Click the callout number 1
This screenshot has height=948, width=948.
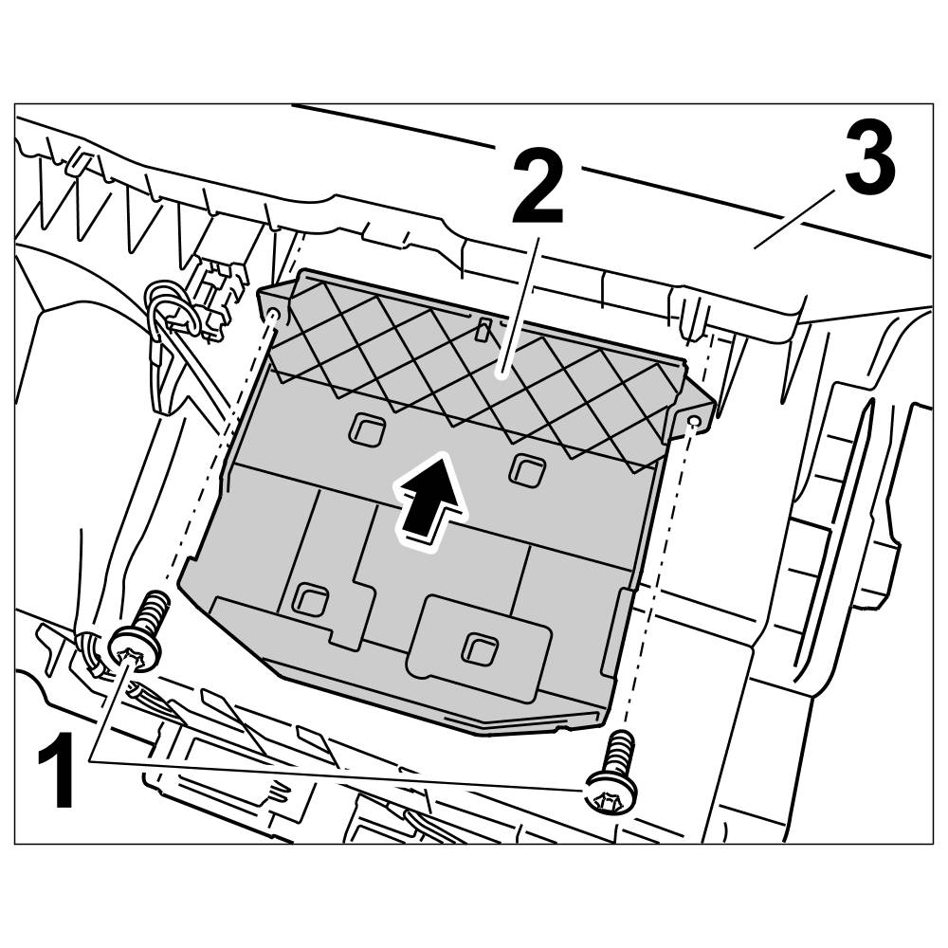pyautogui.click(x=60, y=775)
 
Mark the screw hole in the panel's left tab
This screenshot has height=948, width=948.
pyautogui.click(x=275, y=314)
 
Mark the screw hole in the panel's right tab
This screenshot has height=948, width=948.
pyautogui.click(x=695, y=419)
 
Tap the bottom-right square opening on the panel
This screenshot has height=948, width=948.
pyautogui.click(x=474, y=647)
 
